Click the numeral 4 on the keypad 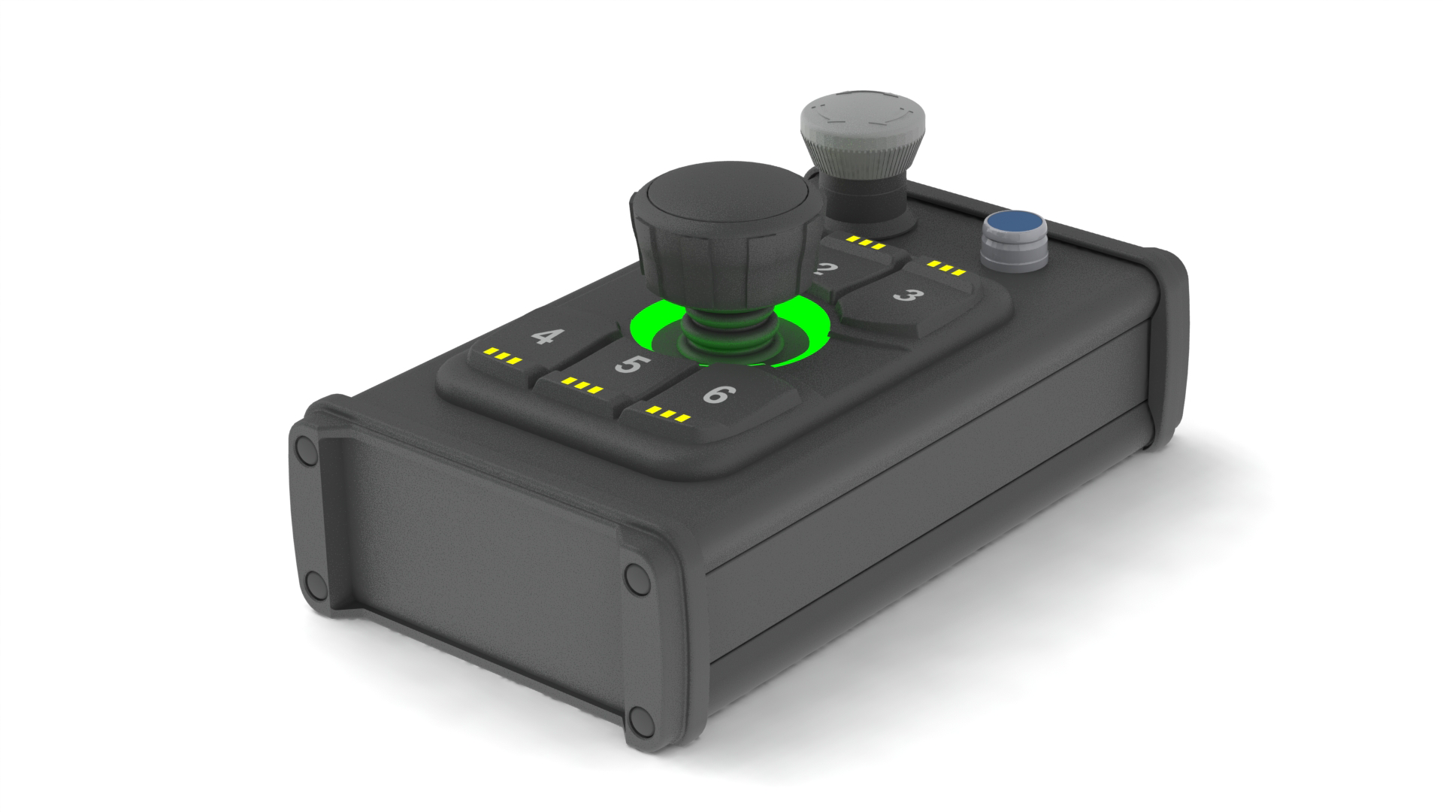coord(543,337)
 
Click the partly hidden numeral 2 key coord(828,271)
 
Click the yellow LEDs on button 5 coord(582,386)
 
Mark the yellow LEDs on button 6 coord(668,414)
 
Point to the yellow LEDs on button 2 coord(861,242)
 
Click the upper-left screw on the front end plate coord(306,451)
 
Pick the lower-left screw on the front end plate coord(313,582)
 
